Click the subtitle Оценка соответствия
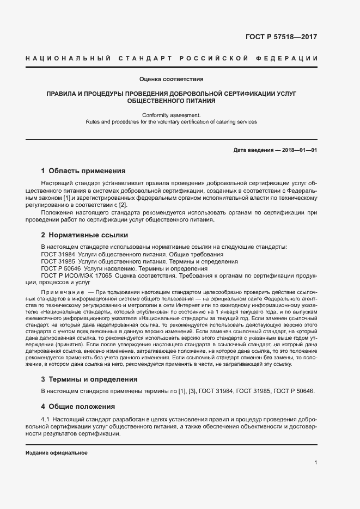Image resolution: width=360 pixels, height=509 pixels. (x=172, y=79)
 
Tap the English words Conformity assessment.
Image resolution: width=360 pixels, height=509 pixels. (x=172, y=115)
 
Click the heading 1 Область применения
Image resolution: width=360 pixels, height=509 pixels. (x=83, y=171)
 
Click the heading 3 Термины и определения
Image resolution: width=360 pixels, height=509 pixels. (x=89, y=379)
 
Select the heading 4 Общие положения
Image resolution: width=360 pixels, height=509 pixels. (x=78, y=406)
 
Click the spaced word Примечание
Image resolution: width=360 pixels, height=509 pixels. (x=61, y=293)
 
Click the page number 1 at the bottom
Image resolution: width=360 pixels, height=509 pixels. (x=315, y=463)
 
